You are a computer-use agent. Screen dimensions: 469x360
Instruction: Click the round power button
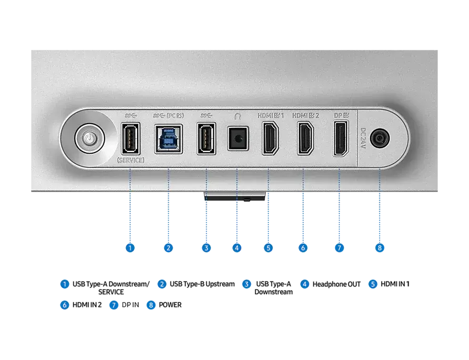pyautogui.click(x=89, y=138)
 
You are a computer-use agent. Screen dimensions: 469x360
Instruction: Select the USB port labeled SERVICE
pyautogui.click(x=130, y=138)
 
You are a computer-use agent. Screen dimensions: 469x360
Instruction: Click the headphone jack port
pyautogui.click(x=238, y=138)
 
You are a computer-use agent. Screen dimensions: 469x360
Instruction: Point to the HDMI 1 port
pyautogui.click(x=270, y=138)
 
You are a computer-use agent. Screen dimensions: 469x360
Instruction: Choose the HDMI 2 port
pyautogui.click(x=305, y=138)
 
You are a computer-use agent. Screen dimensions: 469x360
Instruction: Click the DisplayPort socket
pyautogui.click(x=341, y=138)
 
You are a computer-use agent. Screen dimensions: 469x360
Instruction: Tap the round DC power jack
pyautogui.click(x=380, y=138)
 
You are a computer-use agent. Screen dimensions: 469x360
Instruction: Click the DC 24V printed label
pyautogui.click(x=363, y=138)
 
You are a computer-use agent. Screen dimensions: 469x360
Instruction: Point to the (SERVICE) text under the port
pyautogui.click(x=130, y=160)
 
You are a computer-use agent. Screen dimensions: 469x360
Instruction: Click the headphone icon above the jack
pyautogui.click(x=238, y=116)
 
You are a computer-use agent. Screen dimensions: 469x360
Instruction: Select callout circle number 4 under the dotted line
pyautogui.click(x=237, y=248)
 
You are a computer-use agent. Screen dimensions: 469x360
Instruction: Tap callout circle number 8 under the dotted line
pyautogui.click(x=380, y=248)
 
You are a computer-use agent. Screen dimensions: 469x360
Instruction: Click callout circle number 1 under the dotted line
pyautogui.click(x=130, y=248)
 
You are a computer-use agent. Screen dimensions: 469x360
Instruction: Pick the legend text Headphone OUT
pyautogui.click(x=337, y=284)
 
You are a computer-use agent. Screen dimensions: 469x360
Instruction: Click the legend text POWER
pyautogui.click(x=170, y=305)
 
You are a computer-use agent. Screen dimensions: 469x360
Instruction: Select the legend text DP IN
pyautogui.click(x=130, y=305)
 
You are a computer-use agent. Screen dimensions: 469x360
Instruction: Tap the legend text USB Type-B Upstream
pyautogui.click(x=202, y=284)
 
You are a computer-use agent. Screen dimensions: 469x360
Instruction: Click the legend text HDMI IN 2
pyautogui.click(x=87, y=305)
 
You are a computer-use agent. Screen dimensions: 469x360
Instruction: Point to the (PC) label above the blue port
pyautogui.click(x=175, y=115)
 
